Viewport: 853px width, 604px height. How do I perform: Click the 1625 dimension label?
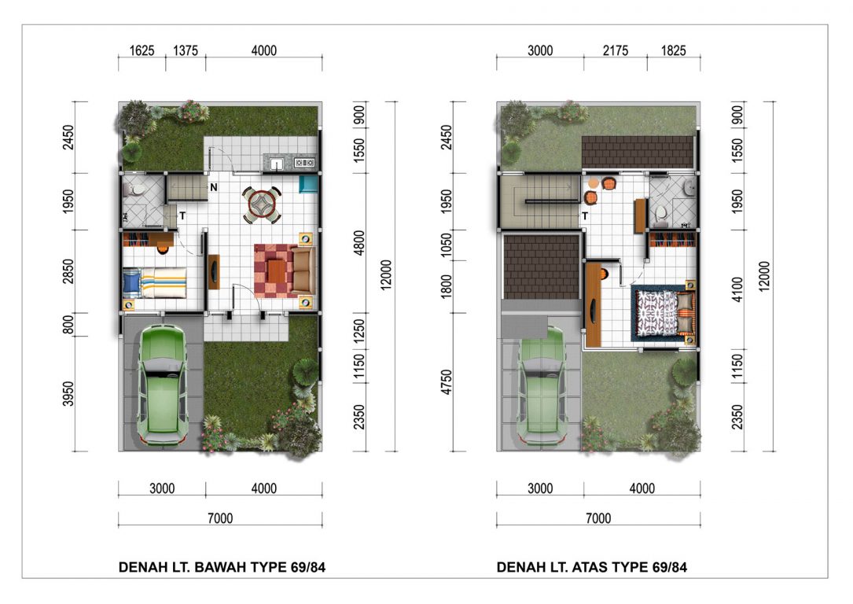pyautogui.click(x=142, y=50)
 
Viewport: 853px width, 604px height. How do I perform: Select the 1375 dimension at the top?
pyautogui.click(x=186, y=50)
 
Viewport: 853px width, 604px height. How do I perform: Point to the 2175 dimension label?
pyautogui.click(x=616, y=50)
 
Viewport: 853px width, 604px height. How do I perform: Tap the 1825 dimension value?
pyautogui.click(x=674, y=50)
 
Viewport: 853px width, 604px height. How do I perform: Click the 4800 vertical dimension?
pyautogui.click(x=359, y=243)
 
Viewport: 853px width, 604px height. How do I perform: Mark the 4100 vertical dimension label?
pyautogui.click(x=737, y=289)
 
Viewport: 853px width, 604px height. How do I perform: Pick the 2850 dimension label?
pyautogui.click(x=68, y=271)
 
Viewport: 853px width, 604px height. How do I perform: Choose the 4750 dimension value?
pyautogui.click(x=446, y=382)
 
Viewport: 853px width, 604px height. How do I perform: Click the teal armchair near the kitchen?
pyautogui.click(x=308, y=184)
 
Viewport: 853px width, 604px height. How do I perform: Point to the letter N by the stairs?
pyautogui.click(x=214, y=187)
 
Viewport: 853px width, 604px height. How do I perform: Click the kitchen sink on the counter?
pyautogui.click(x=277, y=163)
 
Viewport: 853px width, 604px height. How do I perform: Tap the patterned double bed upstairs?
pyautogui.click(x=664, y=312)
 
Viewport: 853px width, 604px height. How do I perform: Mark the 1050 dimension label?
pyautogui.click(x=446, y=245)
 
